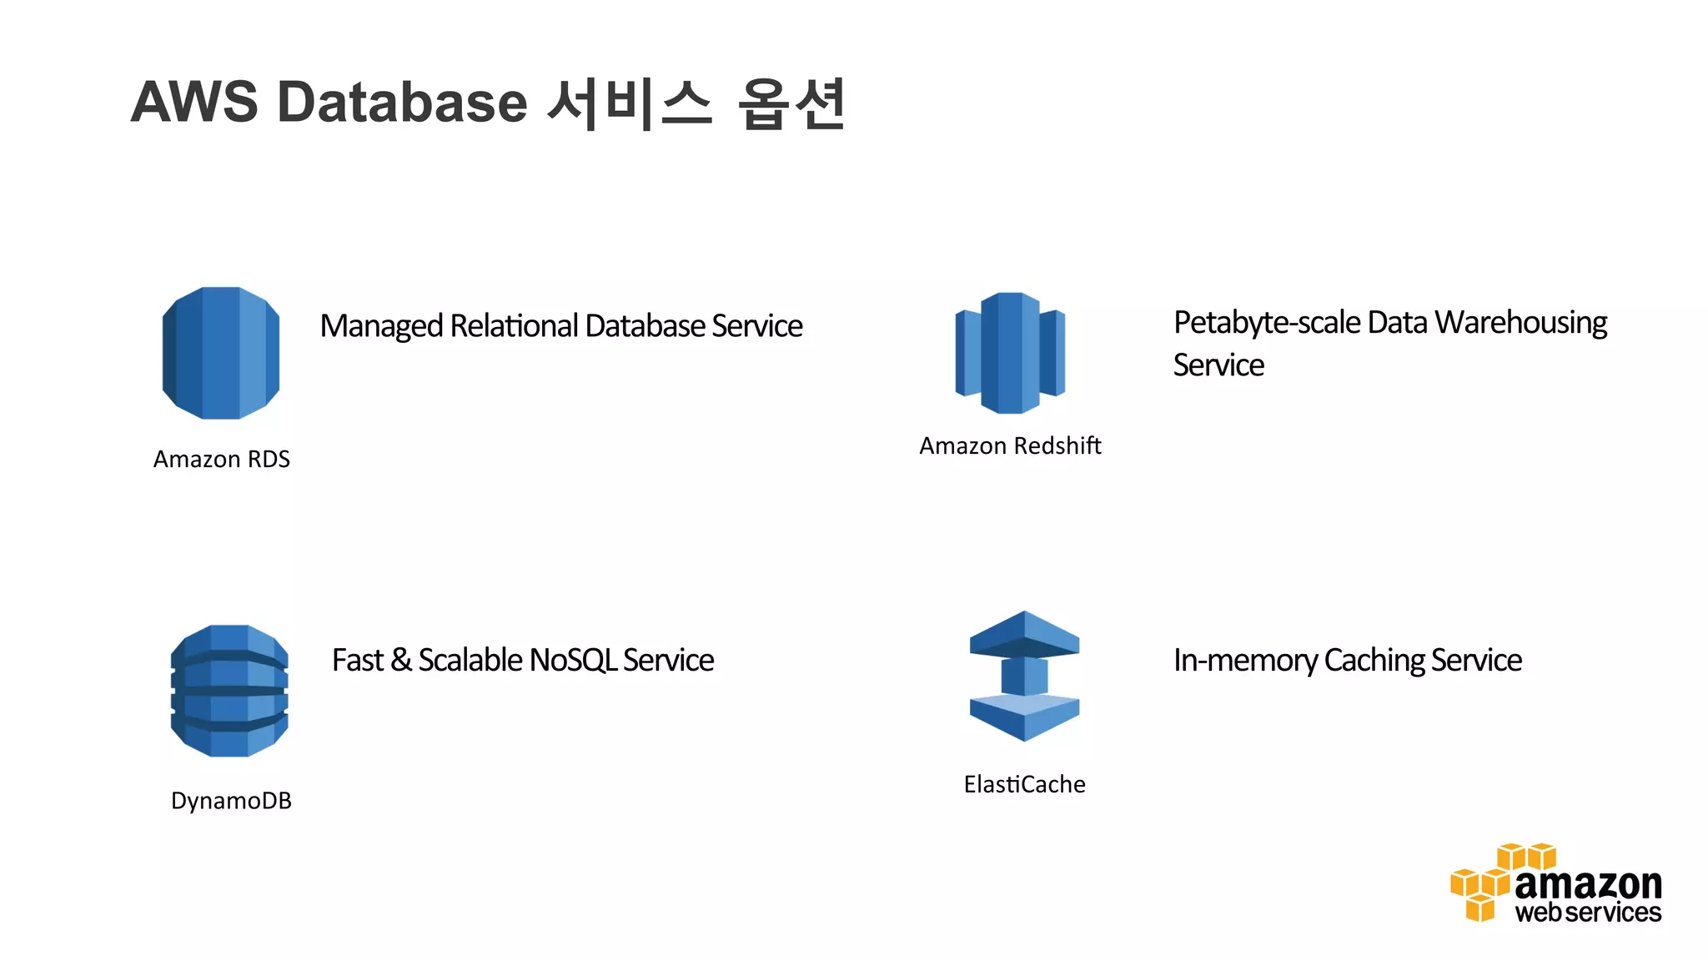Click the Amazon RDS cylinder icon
(x=221, y=353)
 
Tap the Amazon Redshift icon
(x=1010, y=353)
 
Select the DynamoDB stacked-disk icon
(x=229, y=691)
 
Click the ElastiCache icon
(x=1024, y=676)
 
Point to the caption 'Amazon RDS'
(x=222, y=460)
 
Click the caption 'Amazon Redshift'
(x=1010, y=446)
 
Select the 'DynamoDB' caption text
(x=231, y=801)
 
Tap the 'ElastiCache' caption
(x=1024, y=784)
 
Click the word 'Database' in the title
(x=402, y=103)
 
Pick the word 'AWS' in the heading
(x=194, y=103)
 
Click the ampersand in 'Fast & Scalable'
(x=400, y=661)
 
